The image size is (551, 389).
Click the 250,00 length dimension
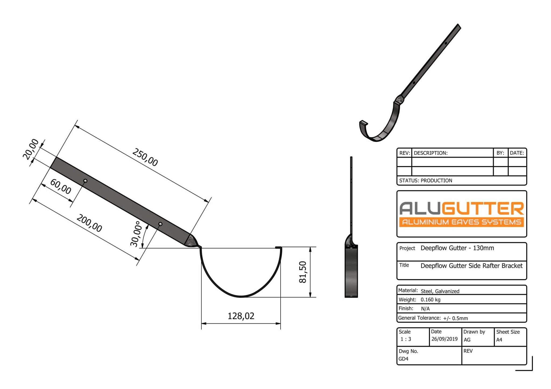click(x=145, y=157)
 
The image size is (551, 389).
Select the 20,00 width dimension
click(x=31, y=149)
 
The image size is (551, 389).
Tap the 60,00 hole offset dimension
click(x=61, y=187)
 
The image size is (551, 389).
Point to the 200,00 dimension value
click(x=89, y=223)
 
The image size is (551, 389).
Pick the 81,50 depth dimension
click(x=303, y=272)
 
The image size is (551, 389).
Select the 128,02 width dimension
click(x=241, y=316)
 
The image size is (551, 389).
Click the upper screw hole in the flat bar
click(x=85, y=181)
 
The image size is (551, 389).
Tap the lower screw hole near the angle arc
click(x=160, y=224)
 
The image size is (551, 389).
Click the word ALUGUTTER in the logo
click(x=461, y=209)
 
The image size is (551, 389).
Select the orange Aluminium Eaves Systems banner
click(x=461, y=222)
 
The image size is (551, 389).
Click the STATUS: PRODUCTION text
click(x=426, y=181)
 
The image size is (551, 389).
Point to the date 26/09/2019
click(x=444, y=339)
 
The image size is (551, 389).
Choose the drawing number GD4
click(x=403, y=359)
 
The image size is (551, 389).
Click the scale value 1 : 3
click(x=406, y=339)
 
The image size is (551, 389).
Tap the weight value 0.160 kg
click(x=430, y=300)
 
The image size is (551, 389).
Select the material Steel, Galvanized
click(x=440, y=291)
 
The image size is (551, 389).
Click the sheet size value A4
click(x=499, y=340)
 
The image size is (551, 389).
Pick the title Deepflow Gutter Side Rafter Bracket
click(x=471, y=266)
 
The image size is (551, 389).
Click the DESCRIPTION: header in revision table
click(x=430, y=153)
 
